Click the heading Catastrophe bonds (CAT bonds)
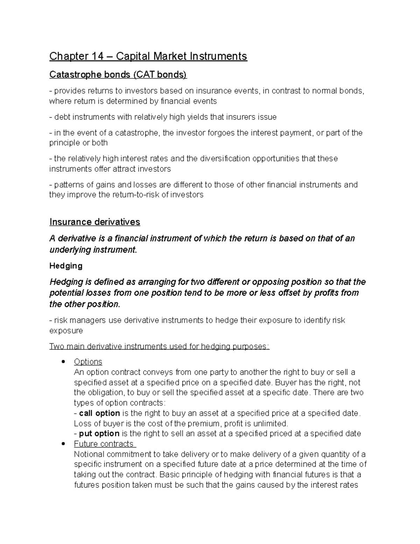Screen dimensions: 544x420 point(118,75)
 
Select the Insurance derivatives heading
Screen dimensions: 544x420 point(94,222)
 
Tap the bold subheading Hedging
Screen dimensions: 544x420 point(66,266)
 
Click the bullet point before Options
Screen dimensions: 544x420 point(63,361)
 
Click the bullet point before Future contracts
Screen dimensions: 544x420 point(63,444)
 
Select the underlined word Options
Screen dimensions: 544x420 point(88,362)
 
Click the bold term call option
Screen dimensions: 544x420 point(99,413)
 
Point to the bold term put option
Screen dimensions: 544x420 point(99,434)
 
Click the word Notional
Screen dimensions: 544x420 point(89,454)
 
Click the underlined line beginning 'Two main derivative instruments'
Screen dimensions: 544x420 point(159,346)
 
